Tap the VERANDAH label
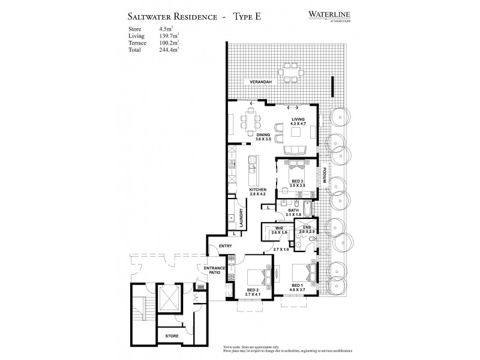pos(254,82)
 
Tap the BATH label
pos(293,211)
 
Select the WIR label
pos(279,229)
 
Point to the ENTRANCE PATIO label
pos(214,271)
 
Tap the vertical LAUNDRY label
pos(240,214)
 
